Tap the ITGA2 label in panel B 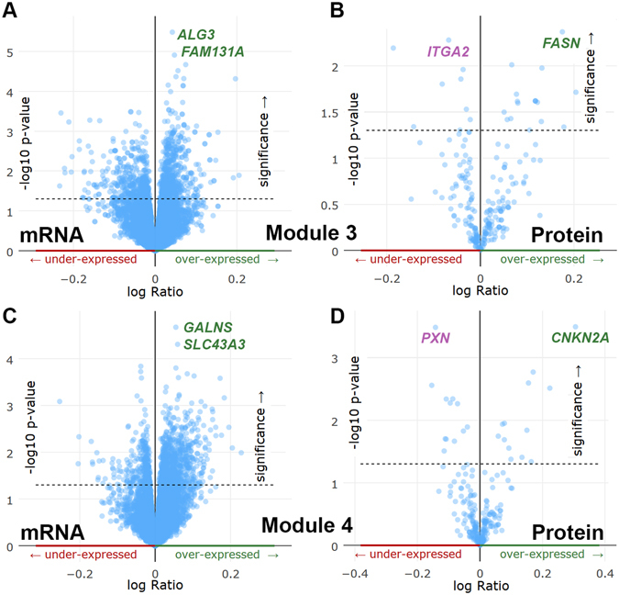point(448,51)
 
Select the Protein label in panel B point(560,236)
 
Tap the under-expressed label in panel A point(77,260)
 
